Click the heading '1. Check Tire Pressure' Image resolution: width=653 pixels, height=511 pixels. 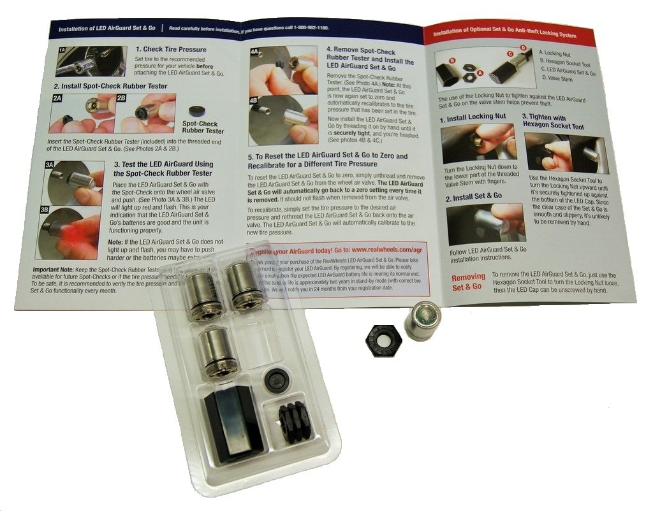coord(170,49)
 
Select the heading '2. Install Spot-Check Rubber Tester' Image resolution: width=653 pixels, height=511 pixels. coord(110,86)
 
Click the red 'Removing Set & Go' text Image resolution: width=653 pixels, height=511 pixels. coord(468,282)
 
